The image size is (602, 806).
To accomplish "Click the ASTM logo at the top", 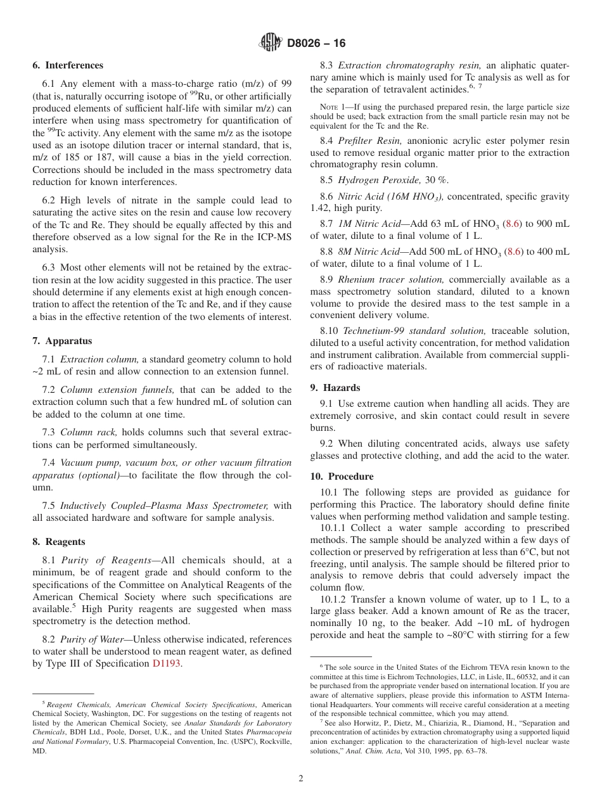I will click(271, 42).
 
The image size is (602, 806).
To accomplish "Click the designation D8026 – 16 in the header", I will click(316, 43).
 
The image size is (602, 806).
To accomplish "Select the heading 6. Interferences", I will click(68, 65).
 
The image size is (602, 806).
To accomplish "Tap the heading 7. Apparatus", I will click(62, 341).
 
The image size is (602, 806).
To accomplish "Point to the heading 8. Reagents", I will click(59, 542).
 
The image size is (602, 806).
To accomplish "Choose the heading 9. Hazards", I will click(335, 388).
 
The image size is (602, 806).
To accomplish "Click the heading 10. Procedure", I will click(342, 477).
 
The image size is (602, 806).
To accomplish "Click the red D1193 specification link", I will click(167, 663).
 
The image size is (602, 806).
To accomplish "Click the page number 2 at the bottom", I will click(301, 779).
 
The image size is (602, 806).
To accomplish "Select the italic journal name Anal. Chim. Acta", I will click(371, 751).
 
